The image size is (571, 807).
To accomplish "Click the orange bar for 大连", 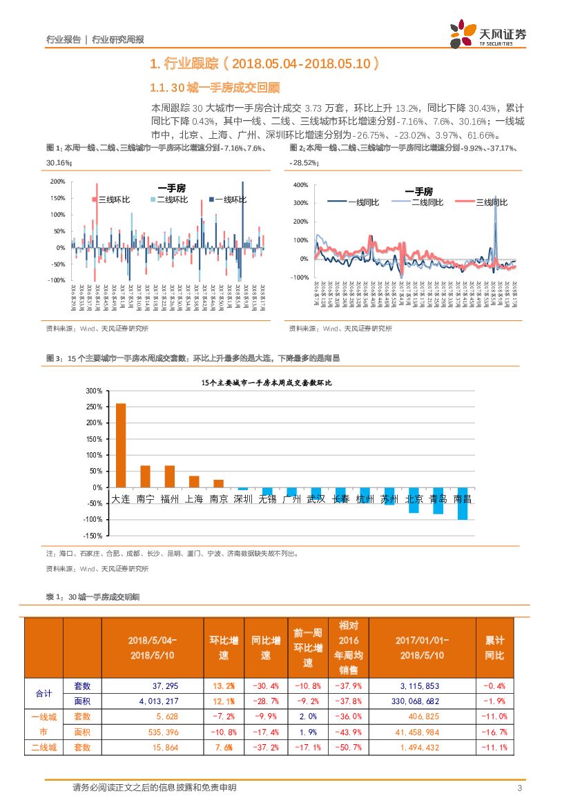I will tap(121, 445).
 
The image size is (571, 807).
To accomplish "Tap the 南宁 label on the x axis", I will tap(145, 498).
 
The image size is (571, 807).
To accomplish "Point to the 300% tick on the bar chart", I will tap(93, 391).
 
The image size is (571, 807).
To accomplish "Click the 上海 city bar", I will tap(194, 481).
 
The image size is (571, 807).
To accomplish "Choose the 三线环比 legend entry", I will tap(111, 200).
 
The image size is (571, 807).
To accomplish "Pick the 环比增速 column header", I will tap(224, 648).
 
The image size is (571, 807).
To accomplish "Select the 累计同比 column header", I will tap(495, 648).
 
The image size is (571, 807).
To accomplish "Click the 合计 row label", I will tap(43, 693).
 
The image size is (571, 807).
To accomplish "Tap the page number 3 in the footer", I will tap(519, 788).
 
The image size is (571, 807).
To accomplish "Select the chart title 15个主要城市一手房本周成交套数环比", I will tap(267, 382).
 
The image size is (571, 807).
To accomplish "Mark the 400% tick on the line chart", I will tap(300, 185).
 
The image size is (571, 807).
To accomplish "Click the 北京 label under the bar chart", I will tap(414, 498).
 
